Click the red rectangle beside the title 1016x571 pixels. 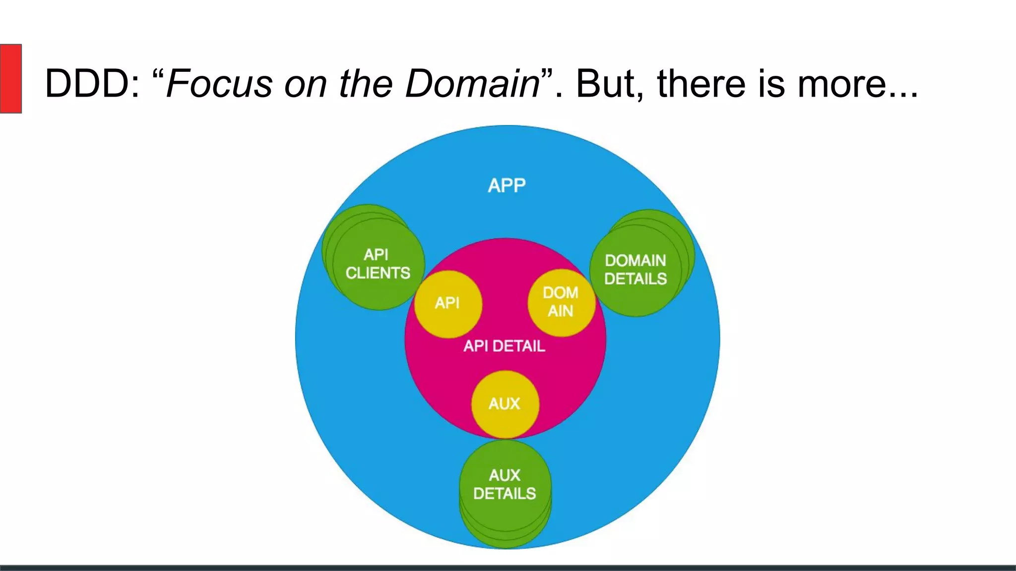pos(10,78)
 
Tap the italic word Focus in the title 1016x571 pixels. pos(219,83)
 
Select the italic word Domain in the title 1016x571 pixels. pos(472,83)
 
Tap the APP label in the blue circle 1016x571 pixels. pos(507,185)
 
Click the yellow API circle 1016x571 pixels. pos(447,303)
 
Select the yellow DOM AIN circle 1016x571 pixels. pos(561,302)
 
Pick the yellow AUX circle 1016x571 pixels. pos(505,404)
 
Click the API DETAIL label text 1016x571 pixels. pos(504,346)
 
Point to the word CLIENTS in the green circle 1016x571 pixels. pos(378,273)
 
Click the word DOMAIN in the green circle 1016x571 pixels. pos(635,261)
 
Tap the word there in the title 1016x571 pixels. pos(701,83)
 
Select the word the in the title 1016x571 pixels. pos(366,83)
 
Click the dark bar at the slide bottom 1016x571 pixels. pos(508,568)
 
